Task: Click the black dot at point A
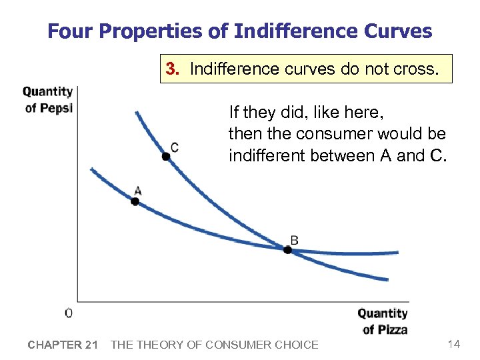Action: point(135,201)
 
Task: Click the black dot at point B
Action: point(287,250)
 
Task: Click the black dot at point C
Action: point(165,157)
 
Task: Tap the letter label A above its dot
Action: point(137,191)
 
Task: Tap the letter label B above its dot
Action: point(294,239)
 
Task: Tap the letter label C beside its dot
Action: point(174,147)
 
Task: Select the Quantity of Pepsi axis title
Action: point(48,100)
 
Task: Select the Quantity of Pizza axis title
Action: point(382,321)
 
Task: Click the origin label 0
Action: point(69,313)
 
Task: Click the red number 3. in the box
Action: point(173,69)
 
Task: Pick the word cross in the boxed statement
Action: point(417,69)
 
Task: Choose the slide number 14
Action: point(454,344)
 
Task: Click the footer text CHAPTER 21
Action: point(63,345)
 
